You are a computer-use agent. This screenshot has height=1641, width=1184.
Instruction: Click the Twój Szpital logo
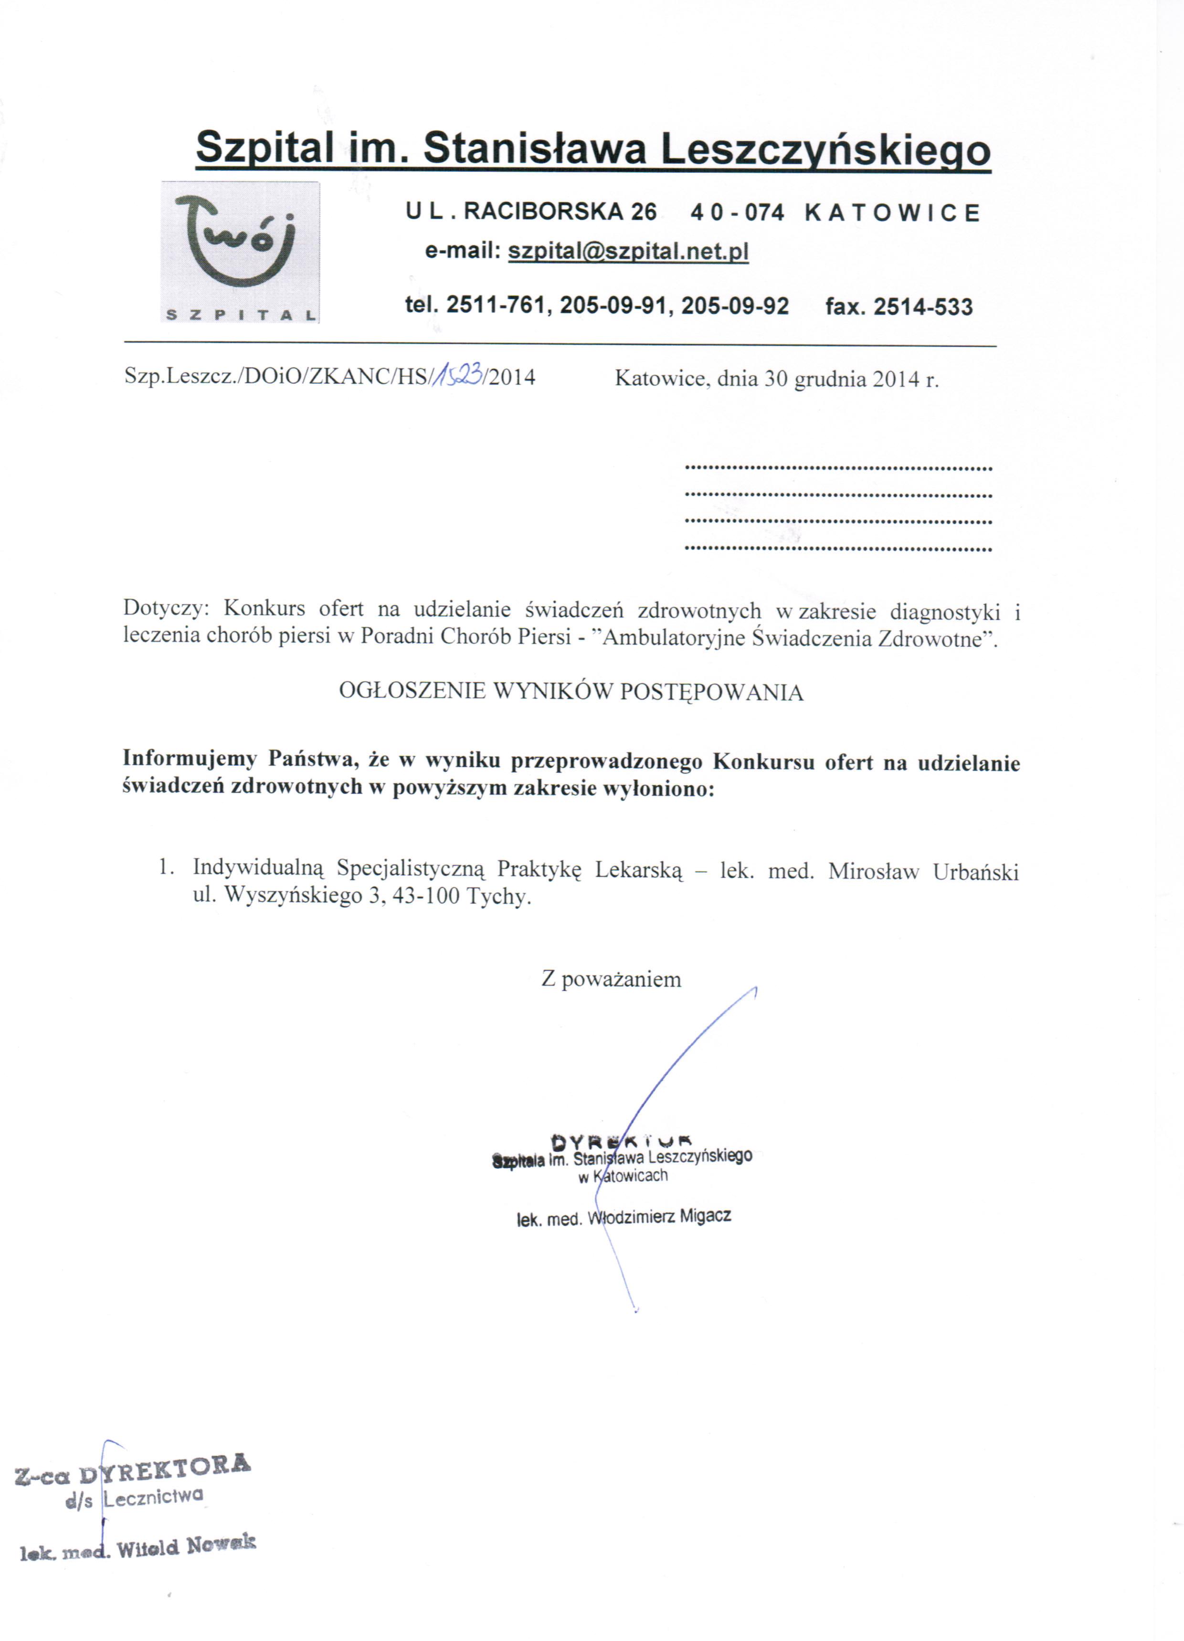point(240,251)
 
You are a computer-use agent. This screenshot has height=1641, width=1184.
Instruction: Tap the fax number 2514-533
point(923,307)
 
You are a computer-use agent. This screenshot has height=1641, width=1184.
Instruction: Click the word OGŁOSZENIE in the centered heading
point(412,692)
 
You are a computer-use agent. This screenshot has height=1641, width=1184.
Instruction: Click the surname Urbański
point(975,871)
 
